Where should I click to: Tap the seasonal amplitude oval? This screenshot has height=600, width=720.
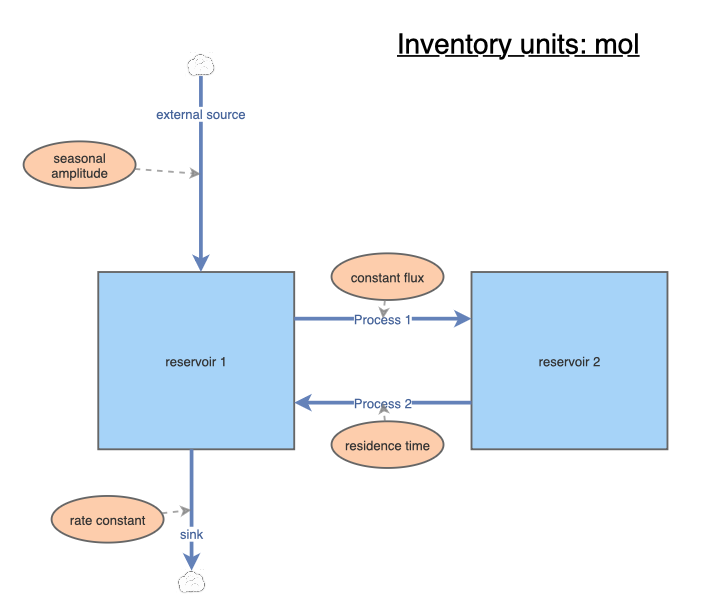click(x=80, y=165)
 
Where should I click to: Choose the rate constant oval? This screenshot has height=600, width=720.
click(x=107, y=520)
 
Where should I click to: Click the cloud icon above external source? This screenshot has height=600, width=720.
click(x=201, y=66)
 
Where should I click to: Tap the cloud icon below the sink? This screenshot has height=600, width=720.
click(x=190, y=582)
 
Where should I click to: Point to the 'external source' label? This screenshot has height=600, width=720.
click(x=200, y=115)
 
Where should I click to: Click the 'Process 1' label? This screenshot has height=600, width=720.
click(x=383, y=320)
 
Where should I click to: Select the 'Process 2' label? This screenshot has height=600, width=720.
click(x=383, y=404)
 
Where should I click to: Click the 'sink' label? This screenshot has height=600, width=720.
click(x=191, y=535)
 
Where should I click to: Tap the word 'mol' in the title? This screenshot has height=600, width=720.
click(x=614, y=45)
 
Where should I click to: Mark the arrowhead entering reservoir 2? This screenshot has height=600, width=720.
click(x=462, y=320)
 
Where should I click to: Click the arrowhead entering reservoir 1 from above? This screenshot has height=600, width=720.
click(x=201, y=262)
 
